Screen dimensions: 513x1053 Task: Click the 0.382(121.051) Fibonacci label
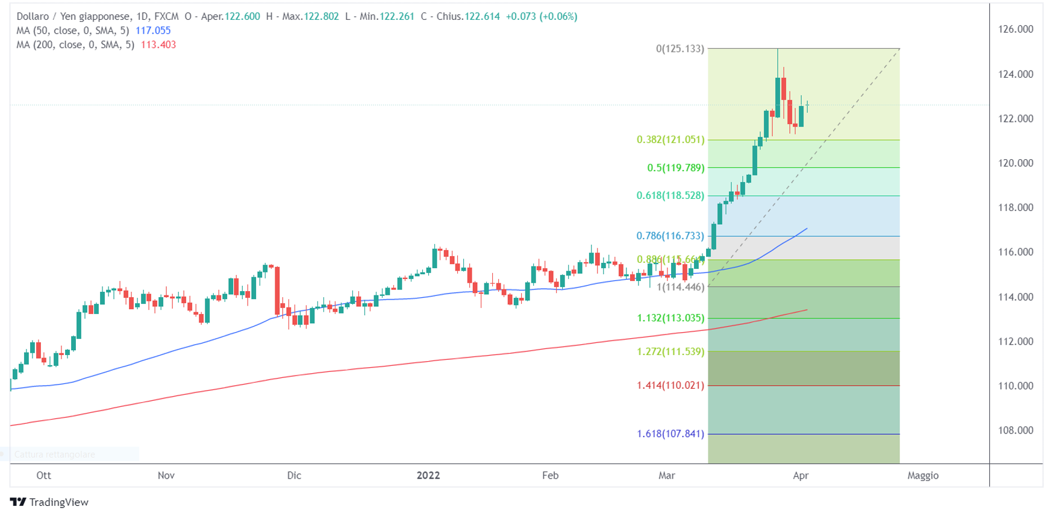[670, 140]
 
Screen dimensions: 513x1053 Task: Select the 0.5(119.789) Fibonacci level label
[675, 168]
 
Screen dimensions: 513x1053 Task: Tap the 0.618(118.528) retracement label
[670, 196]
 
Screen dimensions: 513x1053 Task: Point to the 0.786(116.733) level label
[670, 236]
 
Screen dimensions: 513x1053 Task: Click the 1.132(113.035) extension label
[670, 318]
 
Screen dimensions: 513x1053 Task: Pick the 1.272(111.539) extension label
[670, 352]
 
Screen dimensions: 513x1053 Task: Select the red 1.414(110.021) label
[670, 386]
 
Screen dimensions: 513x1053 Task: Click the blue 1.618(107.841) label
[670, 434]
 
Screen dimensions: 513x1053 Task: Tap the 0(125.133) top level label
[680, 49]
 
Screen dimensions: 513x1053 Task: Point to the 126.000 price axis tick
[1016, 30]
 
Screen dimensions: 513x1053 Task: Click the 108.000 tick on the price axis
[1016, 430]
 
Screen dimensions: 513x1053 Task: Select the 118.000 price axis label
[1016, 208]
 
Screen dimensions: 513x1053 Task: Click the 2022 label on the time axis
[428, 476]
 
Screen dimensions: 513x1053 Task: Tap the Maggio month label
[923, 476]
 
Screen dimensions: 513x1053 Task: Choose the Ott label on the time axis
[43, 476]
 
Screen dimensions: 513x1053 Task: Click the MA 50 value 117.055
[153, 31]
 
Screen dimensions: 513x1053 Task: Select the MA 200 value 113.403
[158, 45]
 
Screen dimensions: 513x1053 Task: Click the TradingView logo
[49, 502]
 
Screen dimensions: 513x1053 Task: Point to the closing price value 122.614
[482, 17]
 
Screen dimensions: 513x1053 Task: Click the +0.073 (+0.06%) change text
[541, 17]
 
